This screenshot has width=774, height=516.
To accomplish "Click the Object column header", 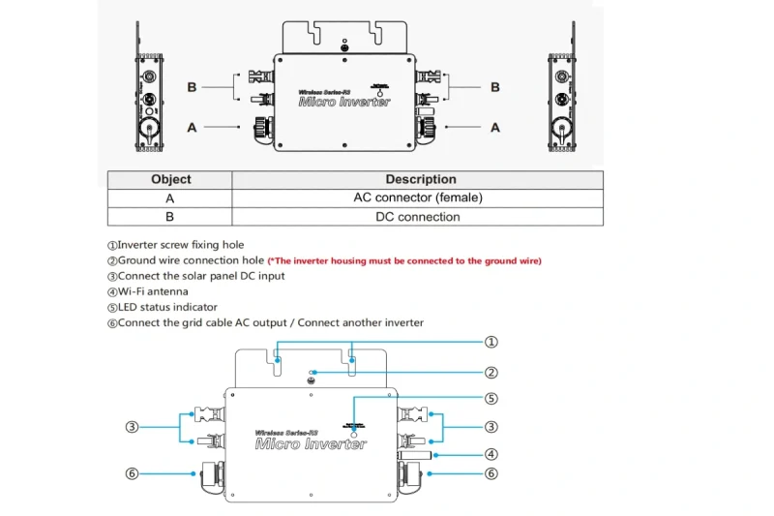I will pos(171,179).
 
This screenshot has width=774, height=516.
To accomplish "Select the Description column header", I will pos(420,179).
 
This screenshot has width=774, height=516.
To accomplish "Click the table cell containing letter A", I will pos(170,197).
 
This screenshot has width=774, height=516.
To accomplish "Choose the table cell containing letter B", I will pos(170,217).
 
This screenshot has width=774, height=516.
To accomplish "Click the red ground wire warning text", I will pos(404,260).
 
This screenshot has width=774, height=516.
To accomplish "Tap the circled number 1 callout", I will pos(491,342).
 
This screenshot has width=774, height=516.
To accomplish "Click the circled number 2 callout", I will pos(491,372).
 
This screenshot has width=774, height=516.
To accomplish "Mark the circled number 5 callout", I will pos(491,398).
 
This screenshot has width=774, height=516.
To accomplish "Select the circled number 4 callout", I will pos(491,454).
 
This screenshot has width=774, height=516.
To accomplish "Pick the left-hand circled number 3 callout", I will pos(133,427).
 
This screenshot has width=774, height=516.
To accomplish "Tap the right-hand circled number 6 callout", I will pos(491,473).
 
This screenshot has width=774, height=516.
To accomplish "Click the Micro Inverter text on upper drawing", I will pos(344,101).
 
